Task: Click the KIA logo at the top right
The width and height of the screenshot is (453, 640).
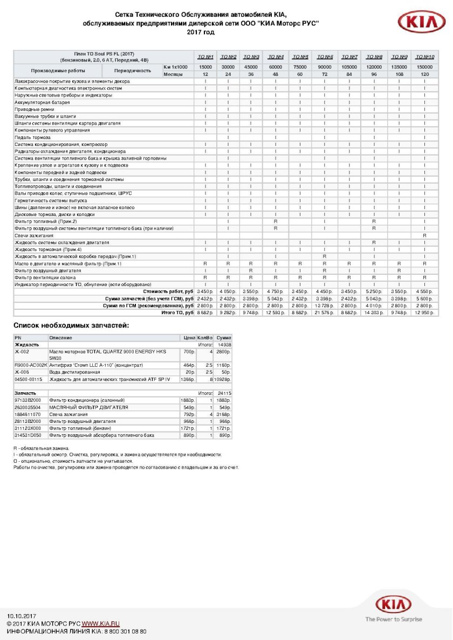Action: pos(421,23)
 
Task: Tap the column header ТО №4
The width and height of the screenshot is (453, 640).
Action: pos(276,57)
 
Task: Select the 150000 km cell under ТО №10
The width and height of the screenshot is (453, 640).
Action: pos(425,67)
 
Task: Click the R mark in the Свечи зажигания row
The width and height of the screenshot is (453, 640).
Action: pos(425,235)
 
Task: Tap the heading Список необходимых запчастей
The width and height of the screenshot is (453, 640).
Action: pos(71,325)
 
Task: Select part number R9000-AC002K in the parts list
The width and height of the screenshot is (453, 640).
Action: pos(31,365)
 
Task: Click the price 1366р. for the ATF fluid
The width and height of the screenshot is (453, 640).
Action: pos(188,379)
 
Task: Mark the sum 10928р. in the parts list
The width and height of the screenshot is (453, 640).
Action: pos(223,379)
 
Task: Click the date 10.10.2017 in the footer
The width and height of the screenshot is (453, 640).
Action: pos(21,616)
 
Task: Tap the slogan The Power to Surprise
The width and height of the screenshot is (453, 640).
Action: pos(394,620)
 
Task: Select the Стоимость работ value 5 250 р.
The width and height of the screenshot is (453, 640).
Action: pos(374,291)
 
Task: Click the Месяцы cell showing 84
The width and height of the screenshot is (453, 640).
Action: pos(349,74)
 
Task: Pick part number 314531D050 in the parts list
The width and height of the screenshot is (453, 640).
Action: pos(28,434)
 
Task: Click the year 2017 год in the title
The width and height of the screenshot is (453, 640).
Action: pos(201,32)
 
